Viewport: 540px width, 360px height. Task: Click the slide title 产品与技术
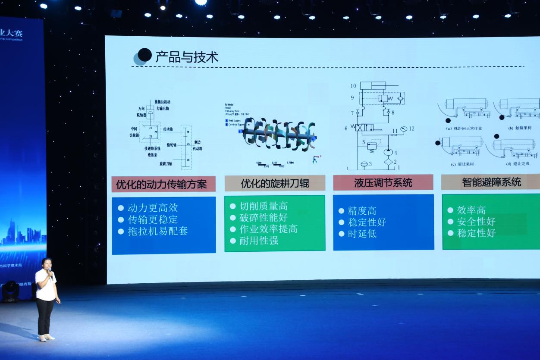coord(187,56)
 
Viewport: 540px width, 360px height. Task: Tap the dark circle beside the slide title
coord(144,55)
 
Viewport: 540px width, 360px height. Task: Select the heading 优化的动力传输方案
coord(161,185)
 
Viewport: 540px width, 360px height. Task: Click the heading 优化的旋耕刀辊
coord(275,184)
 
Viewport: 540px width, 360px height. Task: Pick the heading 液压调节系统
coord(383,183)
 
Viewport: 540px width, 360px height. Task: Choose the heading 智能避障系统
coord(491,182)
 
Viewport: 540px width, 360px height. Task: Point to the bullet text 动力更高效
coord(152,208)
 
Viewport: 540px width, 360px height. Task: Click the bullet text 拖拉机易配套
coord(158,231)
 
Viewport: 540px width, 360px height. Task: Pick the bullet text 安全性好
coord(476,222)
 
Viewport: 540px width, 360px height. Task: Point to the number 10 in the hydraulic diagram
coord(353,86)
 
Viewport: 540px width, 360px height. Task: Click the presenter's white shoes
coord(47,338)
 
